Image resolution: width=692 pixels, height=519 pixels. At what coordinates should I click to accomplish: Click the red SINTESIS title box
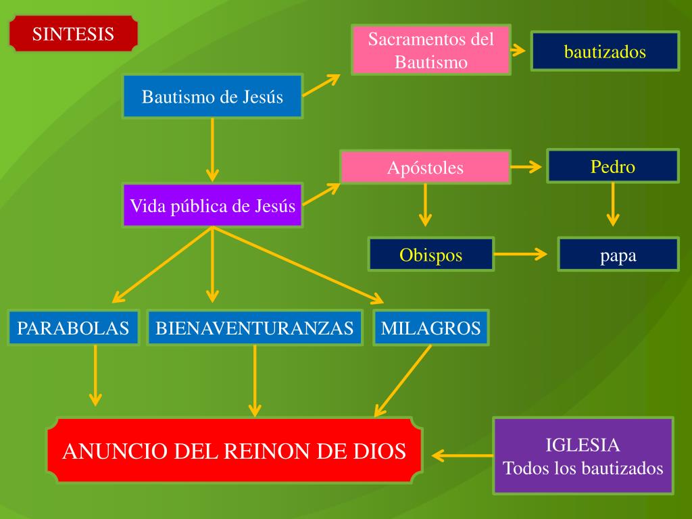[73, 34]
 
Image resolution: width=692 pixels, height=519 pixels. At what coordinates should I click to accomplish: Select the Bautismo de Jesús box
[212, 97]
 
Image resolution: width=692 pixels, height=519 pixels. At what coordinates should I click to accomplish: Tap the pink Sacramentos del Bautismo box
[431, 50]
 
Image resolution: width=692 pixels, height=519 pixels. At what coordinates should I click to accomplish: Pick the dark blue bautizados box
[605, 51]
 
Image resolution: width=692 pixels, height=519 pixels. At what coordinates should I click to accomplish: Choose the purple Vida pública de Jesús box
[212, 205]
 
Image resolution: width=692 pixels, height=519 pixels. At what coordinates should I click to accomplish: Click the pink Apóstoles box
[425, 168]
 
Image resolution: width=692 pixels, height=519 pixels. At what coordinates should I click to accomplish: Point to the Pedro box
[612, 166]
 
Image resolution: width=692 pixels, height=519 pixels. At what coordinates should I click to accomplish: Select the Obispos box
[431, 255]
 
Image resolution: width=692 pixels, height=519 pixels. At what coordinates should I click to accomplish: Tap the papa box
[618, 255]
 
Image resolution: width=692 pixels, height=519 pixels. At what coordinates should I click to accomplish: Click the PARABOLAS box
[73, 328]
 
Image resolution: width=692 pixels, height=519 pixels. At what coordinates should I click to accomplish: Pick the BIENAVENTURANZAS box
[254, 328]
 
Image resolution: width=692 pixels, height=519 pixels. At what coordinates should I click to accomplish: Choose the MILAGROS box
[430, 328]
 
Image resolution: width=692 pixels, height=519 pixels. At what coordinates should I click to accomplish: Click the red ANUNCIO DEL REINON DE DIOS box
[234, 451]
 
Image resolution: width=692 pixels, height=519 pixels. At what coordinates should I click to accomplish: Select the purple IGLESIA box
[583, 456]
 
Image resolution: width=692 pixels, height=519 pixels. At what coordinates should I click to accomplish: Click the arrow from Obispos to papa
[520, 254]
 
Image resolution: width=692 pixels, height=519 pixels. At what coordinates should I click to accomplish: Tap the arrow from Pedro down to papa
[612, 203]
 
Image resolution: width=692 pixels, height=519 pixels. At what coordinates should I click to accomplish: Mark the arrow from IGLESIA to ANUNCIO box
[462, 455]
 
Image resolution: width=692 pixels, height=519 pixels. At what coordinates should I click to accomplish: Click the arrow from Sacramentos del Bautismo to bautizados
[518, 50]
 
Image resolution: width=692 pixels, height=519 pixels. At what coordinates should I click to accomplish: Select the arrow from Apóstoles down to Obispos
[424, 204]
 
